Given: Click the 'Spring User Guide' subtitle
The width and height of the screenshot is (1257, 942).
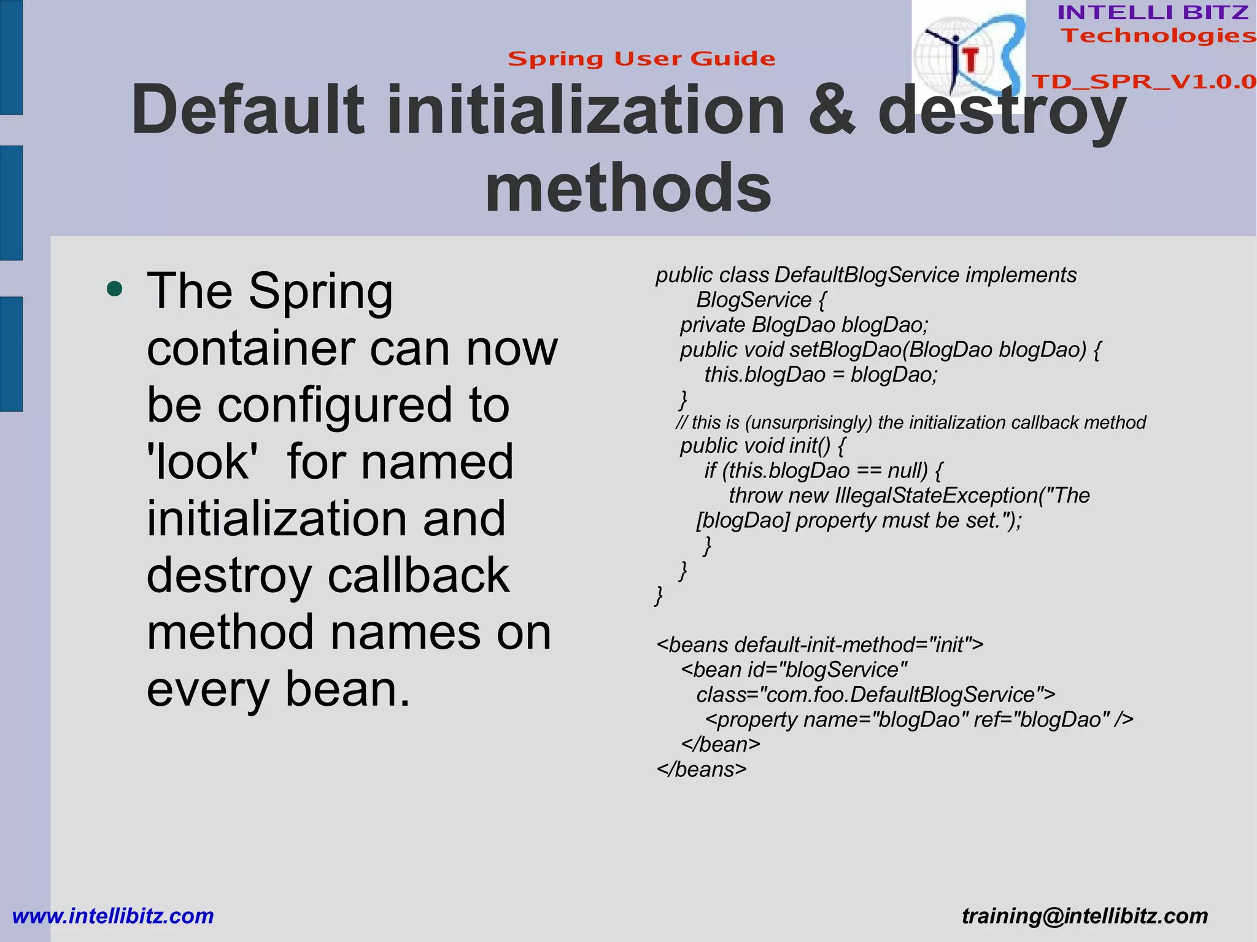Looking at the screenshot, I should click(641, 59).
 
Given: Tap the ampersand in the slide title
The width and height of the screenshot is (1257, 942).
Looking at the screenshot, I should click(832, 110).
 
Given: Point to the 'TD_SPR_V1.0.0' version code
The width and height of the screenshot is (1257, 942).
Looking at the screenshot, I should click(1143, 82).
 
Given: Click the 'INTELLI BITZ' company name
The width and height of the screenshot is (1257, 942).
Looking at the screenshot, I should click(1153, 12).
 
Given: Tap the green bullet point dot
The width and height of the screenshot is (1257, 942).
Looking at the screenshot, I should click(114, 288).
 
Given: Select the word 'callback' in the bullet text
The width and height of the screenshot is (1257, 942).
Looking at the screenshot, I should click(419, 576).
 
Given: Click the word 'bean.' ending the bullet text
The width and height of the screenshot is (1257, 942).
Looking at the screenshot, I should click(347, 690).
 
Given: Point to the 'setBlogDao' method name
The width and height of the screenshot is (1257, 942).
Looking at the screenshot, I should click(845, 350).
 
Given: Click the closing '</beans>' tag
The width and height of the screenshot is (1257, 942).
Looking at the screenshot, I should click(702, 770).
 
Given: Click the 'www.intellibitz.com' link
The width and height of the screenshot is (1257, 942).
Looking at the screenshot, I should click(113, 916).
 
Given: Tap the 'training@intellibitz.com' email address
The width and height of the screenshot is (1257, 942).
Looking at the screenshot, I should click(1085, 916).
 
